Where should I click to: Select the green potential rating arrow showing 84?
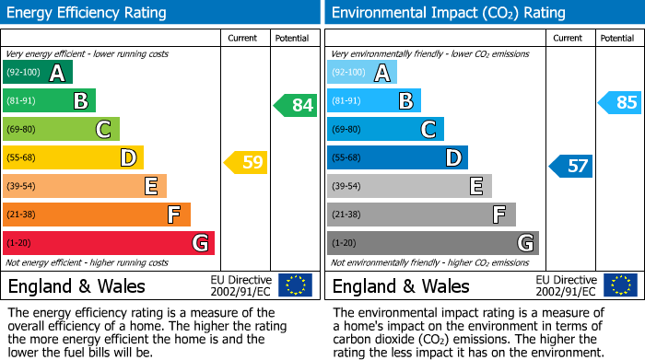click(x=296, y=105)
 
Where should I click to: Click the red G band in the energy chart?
click(x=109, y=243)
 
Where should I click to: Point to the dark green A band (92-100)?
click(x=38, y=73)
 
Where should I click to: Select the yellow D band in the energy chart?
click(x=73, y=157)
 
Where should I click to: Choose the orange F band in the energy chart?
click(x=97, y=215)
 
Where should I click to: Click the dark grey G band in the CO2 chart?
click(x=432, y=243)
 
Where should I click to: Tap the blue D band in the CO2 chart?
click(x=397, y=157)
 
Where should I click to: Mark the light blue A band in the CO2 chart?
click(x=362, y=73)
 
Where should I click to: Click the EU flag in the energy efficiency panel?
click(x=295, y=285)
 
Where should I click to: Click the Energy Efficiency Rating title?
click(x=88, y=13)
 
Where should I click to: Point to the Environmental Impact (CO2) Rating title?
click(x=448, y=13)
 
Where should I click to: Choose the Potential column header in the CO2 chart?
click(x=617, y=39)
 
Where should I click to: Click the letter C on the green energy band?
click(x=104, y=130)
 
